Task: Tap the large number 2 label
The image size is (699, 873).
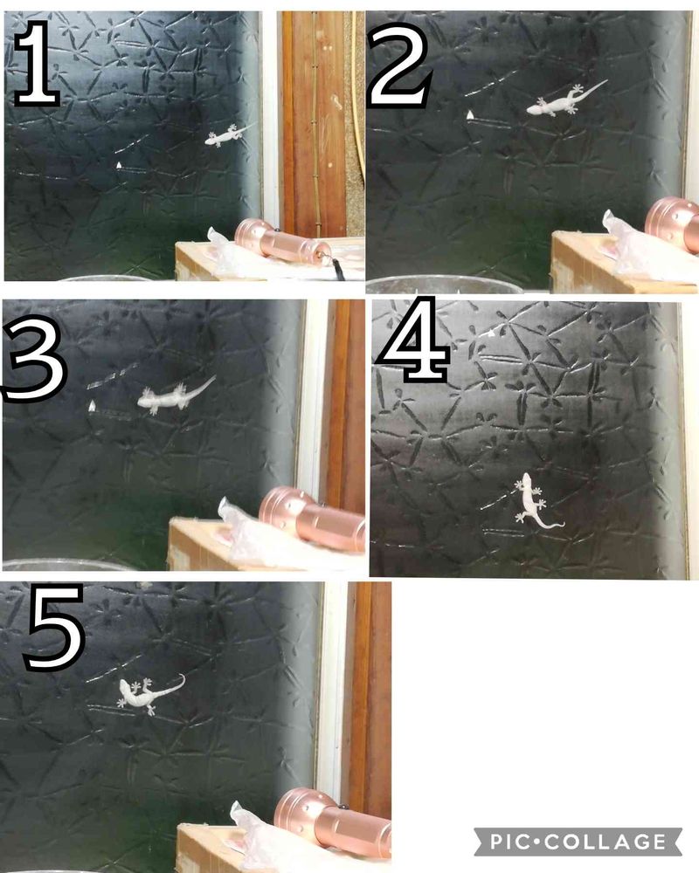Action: point(398,65)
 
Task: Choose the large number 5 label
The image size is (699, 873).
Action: point(54,626)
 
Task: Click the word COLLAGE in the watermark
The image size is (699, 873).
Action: point(606,842)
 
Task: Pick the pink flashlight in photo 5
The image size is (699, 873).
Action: point(333,823)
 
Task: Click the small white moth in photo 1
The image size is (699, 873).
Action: point(118,165)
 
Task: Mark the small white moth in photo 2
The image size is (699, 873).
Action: point(470,114)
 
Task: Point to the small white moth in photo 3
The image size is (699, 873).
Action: point(92,406)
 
